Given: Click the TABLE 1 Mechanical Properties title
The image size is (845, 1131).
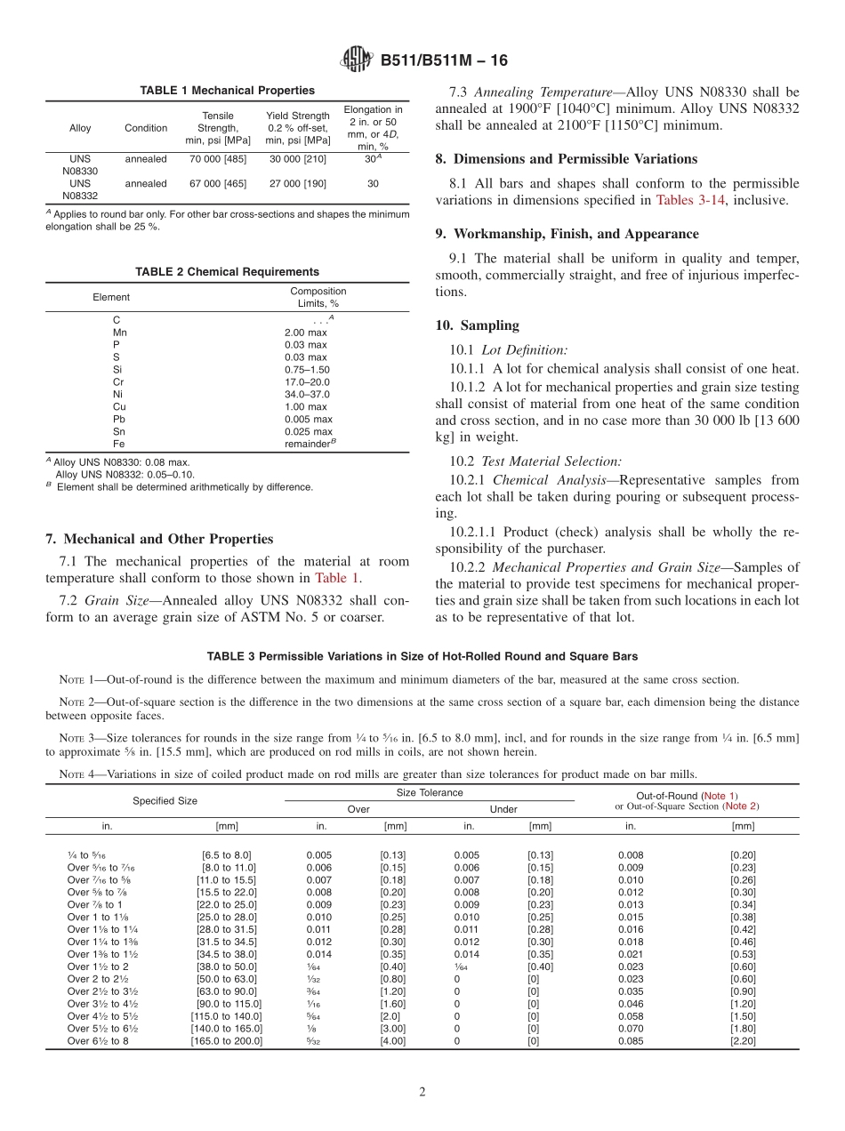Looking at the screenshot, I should [227, 91].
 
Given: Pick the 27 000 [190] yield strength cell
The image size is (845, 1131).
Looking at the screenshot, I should [298, 183].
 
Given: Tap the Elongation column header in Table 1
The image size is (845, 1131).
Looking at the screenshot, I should [373, 128].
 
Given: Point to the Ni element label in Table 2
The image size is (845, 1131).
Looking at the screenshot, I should [117, 394].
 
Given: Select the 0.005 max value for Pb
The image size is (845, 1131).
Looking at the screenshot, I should [308, 419].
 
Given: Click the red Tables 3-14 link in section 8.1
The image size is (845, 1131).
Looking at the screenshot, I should [691, 200].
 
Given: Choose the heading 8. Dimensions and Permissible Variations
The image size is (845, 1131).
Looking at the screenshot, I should [566, 158].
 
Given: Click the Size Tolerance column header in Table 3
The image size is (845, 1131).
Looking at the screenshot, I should [429, 792].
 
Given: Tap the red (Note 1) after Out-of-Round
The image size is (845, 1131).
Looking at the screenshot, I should [720, 796].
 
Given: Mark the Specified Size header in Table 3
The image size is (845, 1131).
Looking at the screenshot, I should [165, 800].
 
